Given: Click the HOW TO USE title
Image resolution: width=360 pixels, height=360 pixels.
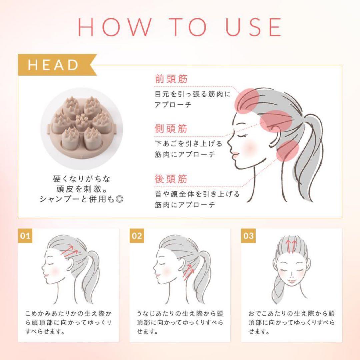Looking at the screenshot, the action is [x=180, y=27].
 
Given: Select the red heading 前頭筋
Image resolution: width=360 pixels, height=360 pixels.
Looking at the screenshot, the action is [x=171, y=79].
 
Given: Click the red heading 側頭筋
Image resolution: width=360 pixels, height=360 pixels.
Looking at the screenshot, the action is [x=171, y=128].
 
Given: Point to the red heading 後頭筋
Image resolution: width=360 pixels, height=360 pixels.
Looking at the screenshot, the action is [x=171, y=179].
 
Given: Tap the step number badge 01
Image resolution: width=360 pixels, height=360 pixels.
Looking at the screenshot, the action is [x=25, y=236].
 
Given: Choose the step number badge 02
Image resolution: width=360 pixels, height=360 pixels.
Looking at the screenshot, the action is [x=137, y=236].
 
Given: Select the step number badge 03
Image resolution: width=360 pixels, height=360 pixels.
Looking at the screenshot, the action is [x=248, y=236].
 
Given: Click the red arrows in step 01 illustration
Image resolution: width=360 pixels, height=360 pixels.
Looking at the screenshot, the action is [x=70, y=251].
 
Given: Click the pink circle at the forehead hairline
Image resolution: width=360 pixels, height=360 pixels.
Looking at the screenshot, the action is [x=247, y=101].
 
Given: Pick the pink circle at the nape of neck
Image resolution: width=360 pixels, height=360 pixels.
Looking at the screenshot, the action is [x=288, y=151].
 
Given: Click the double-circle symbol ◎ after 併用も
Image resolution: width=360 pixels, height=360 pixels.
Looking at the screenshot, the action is [x=119, y=199].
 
